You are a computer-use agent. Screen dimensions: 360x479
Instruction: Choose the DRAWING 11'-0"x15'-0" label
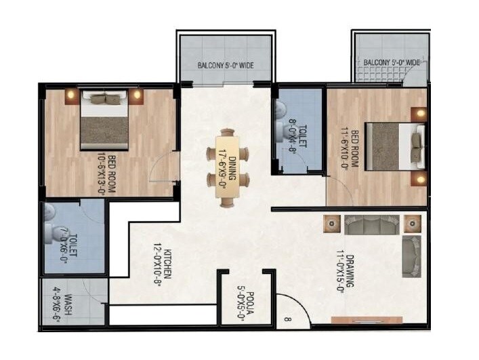[344, 270]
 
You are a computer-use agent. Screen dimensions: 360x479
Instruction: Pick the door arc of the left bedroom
[161, 169]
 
